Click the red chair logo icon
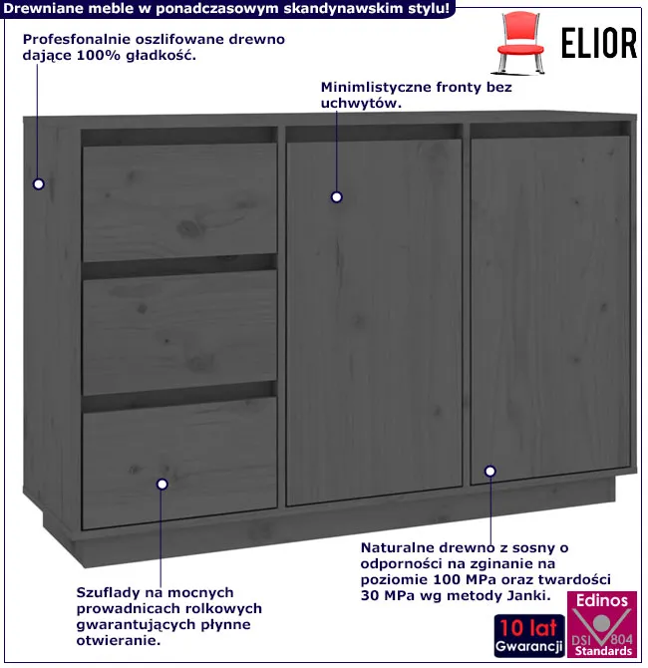[x=519, y=43]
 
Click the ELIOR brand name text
[x=598, y=43]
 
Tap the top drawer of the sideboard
[x=179, y=202]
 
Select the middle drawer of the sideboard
[x=179, y=332]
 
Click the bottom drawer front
[x=179, y=464]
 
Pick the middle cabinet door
[x=374, y=322]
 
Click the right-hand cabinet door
[x=550, y=310]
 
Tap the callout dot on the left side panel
[x=39, y=184]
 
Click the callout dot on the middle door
[x=337, y=197]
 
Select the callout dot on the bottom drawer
[x=162, y=484]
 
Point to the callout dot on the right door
[x=490, y=472]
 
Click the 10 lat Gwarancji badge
[x=529, y=636]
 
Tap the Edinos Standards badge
[x=602, y=624]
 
